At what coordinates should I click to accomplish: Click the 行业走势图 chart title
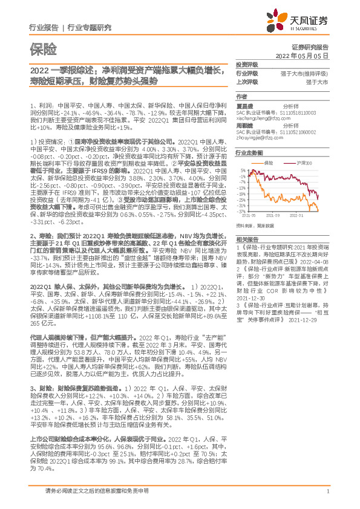pyautogui.click(x=249, y=154)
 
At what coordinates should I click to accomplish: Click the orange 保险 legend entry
pyautogui.click(x=270, y=163)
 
